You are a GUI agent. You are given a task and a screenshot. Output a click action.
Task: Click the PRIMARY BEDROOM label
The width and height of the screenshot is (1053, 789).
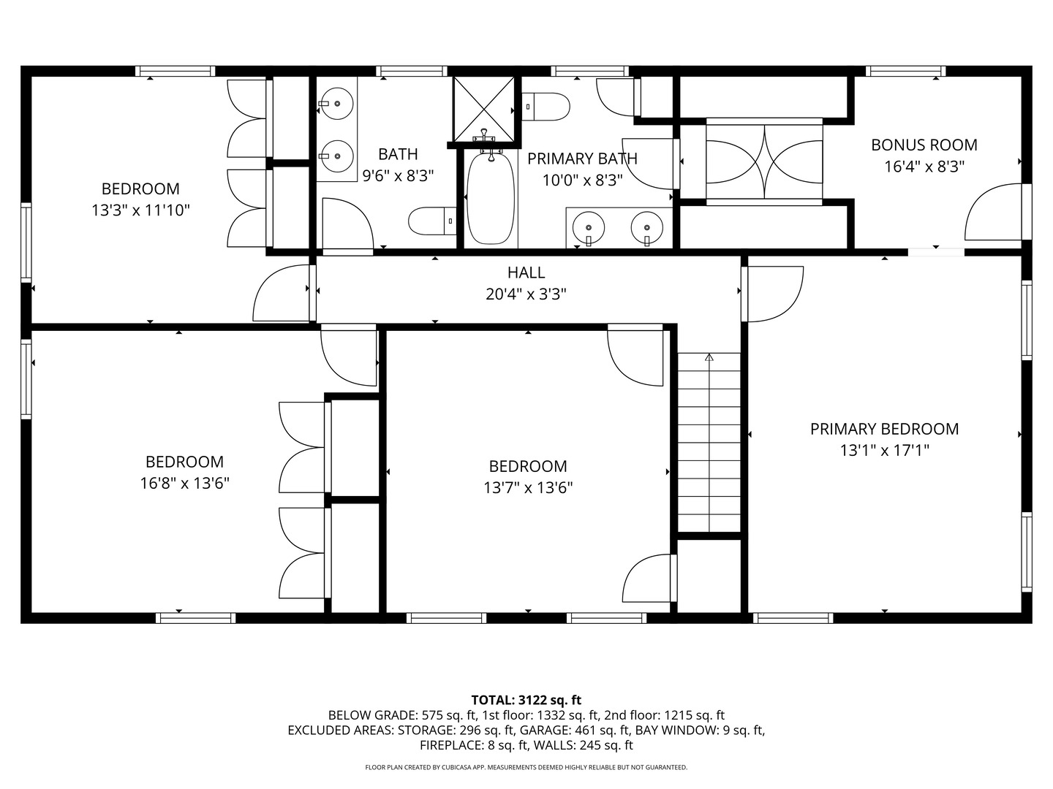(884, 429)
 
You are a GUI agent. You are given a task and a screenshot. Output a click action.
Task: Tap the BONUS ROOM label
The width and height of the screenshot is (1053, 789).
(924, 145)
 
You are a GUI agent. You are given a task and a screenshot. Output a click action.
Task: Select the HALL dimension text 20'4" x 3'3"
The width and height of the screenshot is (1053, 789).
(526, 294)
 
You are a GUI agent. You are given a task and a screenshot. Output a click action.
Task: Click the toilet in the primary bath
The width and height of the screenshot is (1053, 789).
(546, 107)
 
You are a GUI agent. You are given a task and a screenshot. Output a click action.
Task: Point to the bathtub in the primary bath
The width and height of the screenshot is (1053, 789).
(491, 197)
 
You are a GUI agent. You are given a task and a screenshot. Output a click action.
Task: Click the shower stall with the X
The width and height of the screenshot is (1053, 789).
(484, 110)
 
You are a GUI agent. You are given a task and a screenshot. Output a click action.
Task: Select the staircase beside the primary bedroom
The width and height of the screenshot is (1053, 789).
(709, 442)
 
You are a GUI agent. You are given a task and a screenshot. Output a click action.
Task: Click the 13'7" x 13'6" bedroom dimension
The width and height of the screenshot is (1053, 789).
(528, 488)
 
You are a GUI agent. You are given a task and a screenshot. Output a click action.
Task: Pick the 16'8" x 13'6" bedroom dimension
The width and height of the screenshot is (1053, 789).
(185, 484)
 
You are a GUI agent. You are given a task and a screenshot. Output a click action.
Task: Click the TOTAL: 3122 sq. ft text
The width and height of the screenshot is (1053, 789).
(526, 700)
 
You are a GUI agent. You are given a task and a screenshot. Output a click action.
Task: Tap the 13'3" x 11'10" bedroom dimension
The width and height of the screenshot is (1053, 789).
(140, 210)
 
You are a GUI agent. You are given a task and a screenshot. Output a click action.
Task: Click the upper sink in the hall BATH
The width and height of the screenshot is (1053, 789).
(336, 104)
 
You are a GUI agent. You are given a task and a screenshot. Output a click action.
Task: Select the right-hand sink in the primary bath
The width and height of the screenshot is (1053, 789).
(646, 227)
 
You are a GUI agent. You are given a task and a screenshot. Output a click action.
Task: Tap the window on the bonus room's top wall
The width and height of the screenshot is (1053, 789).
(906, 72)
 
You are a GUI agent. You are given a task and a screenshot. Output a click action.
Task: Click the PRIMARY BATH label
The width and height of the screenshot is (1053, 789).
(582, 159)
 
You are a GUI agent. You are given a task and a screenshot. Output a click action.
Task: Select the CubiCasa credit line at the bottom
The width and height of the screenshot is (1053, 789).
(526, 767)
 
